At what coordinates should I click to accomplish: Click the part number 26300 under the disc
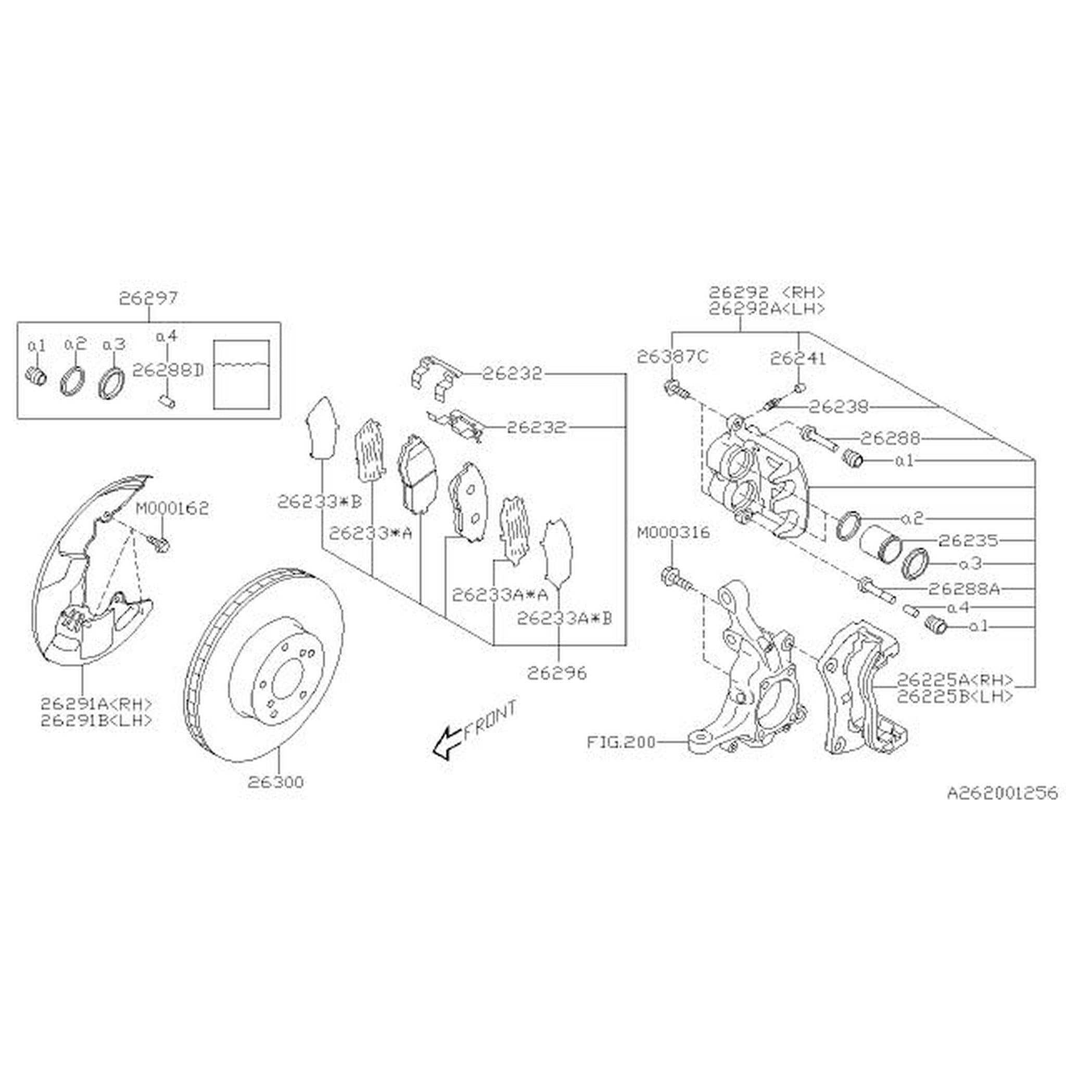(275, 782)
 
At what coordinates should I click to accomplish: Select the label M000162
(172, 508)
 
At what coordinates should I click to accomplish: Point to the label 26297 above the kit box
(149, 298)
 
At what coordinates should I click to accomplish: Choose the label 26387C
(672, 357)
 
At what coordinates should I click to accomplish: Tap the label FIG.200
(621, 742)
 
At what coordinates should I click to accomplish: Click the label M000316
(673, 533)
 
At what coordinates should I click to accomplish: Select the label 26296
(557, 673)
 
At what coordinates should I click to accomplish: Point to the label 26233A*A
(500, 595)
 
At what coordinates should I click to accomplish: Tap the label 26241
(798, 359)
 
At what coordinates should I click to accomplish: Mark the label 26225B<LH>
(955, 697)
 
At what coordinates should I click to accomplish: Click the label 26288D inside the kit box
(168, 370)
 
